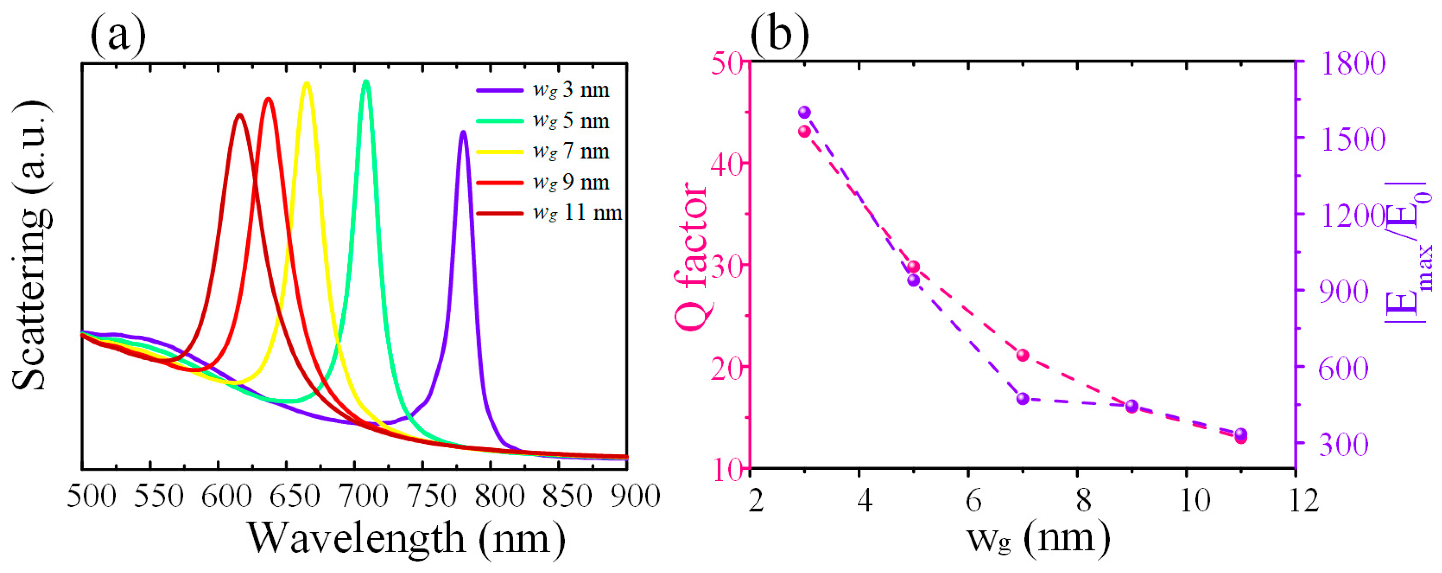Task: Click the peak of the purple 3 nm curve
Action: [x=463, y=133]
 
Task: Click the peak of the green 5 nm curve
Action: [x=366, y=82]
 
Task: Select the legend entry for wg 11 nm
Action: [x=549, y=213]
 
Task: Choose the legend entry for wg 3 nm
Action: [x=543, y=90]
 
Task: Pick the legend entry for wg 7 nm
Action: [x=543, y=152]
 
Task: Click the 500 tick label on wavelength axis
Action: [x=91, y=497]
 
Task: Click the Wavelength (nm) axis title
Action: [x=406, y=538]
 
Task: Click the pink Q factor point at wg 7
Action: [x=1023, y=355]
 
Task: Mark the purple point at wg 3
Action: [x=805, y=112]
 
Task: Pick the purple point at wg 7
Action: [x=1023, y=399]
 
